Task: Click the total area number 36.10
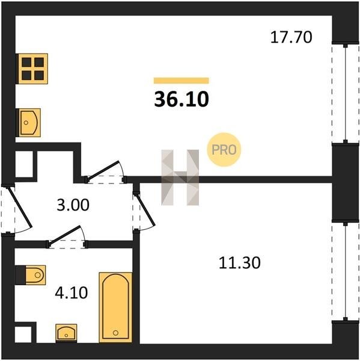(x=182, y=99)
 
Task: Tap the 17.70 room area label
(x=291, y=37)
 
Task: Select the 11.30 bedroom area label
(x=239, y=263)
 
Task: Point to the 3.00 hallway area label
(x=73, y=205)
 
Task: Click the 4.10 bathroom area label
(x=72, y=292)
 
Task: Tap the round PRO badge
(x=224, y=150)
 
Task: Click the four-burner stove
(x=32, y=69)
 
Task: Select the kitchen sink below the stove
(x=29, y=123)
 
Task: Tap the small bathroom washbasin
(x=66, y=333)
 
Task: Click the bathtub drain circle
(x=116, y=333)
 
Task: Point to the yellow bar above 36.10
(x=182, y=81)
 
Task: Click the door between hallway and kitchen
(x=105, y=172)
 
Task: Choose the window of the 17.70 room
(x=346, y=93)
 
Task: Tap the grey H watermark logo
(x=180, y=177)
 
